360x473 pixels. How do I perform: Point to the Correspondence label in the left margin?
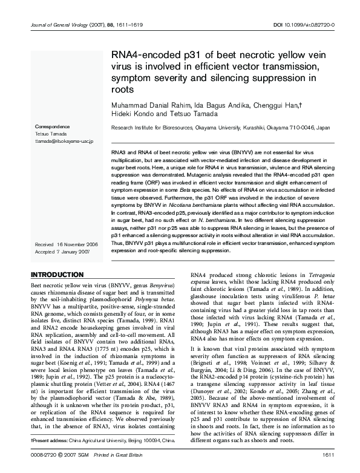pos(53,126)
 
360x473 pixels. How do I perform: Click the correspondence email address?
pos(63,140)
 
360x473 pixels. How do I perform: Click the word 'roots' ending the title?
pos(123,89)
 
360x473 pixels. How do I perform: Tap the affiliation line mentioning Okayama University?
pos(220,128)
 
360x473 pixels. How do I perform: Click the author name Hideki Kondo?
pos(131,115)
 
